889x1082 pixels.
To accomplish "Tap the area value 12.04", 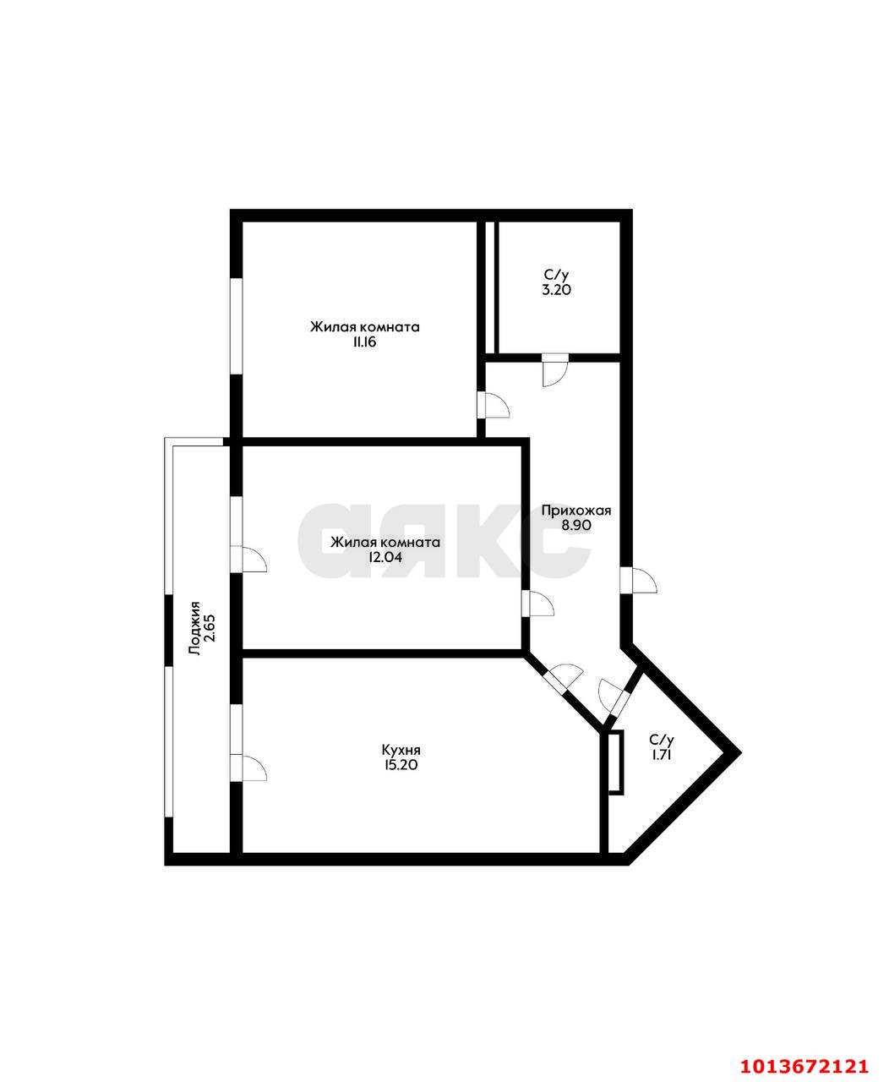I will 385,557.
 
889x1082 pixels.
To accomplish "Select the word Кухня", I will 401,750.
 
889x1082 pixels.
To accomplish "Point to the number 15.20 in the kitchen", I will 401,765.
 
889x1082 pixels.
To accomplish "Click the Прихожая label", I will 575,511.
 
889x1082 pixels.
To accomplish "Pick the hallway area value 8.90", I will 575,525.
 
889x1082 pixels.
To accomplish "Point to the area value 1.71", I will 661,754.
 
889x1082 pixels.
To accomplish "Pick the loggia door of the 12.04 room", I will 248,558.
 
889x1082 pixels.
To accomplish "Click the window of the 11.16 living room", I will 237,326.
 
